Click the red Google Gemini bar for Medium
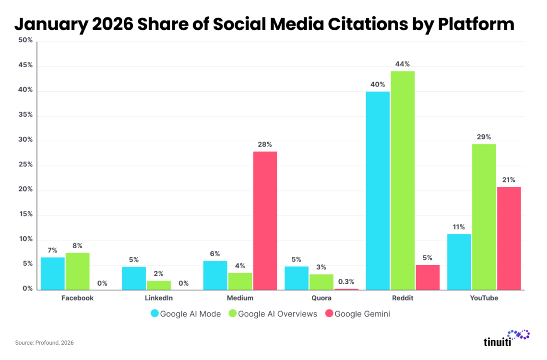pyautogui.click(x=265, y=221)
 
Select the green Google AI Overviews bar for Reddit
pyautogui.click(x=403, y=180)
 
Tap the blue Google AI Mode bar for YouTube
pyautogui.click(x=459, y=262)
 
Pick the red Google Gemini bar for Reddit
pyautogui.click(x=428, y=277)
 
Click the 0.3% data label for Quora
pyautogui.click(x=346, y=282)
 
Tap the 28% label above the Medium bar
pyautogui.click(x=265, y=144)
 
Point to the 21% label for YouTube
pyautogui.click(x=509, y=180)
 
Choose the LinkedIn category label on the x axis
pyautogui.click(x=159, y=298)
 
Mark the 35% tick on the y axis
pyautogui.click(x=26, y=115)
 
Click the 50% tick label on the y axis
pyautogui.click(x=26, y=41)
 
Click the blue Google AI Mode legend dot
pyautogui.click(x=155, y=314)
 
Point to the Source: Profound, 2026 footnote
pyautogui.click(x=44, y=343)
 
